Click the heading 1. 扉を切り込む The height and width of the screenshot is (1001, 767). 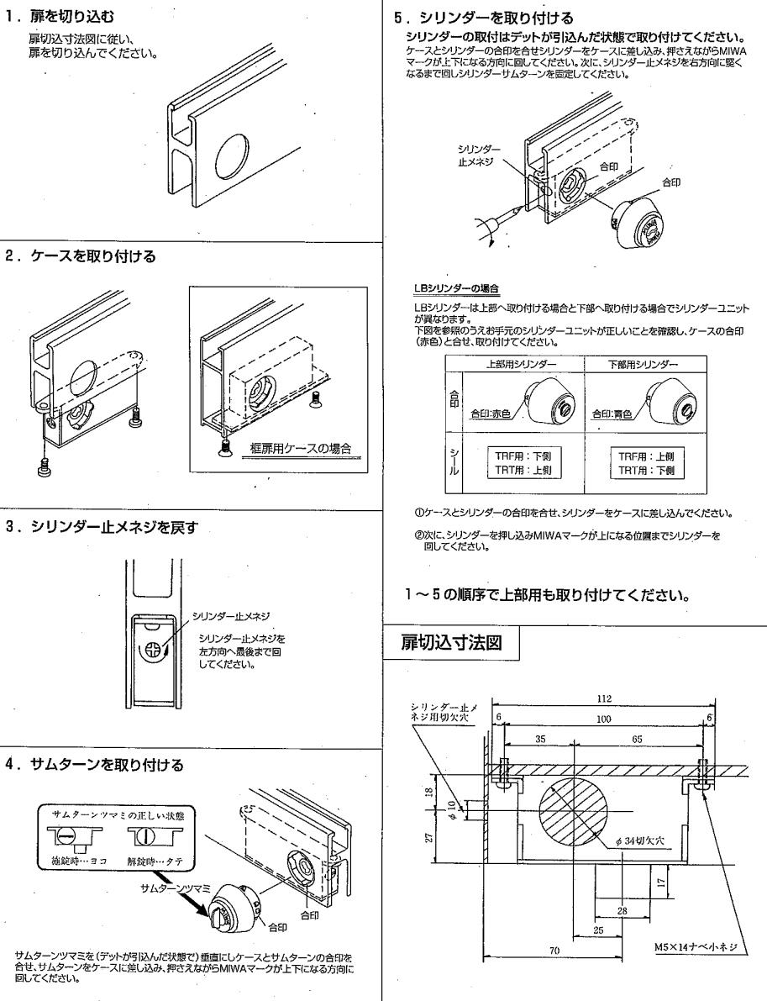[60, 16]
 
